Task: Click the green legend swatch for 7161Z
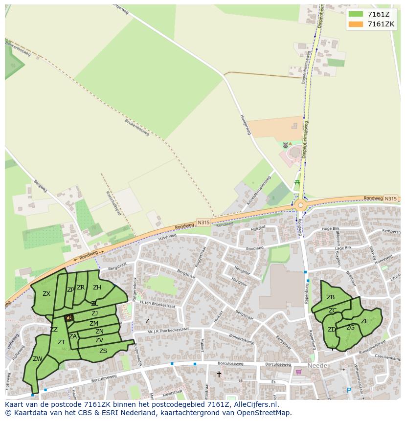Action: [x=356, y=14]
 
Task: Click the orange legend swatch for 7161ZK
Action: [x=356, y=24]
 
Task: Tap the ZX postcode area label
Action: [x=46, y=294]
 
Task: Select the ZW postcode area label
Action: [x=38, y=359]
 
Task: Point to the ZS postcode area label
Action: [x=103, y=351]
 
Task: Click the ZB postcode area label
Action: [x=331, y=297]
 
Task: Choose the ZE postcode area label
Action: [x=365, y=321]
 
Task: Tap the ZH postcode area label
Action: [x=97, y=288]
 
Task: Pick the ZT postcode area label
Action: [x=61, y=342]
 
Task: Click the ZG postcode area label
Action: [x=350, y=328]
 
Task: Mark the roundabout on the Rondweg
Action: [x=300, y=206]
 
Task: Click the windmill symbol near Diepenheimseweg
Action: [x=286, y=145]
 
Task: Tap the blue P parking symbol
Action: [x=349, y=390]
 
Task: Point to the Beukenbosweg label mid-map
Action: [x=136, y=128]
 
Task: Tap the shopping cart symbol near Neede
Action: [x=299, y=372]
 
